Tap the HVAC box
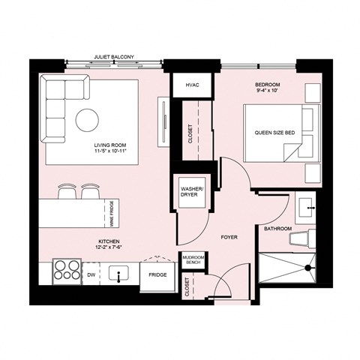point(192,86)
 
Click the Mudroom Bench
point(194,261)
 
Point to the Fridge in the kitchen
point(157,275)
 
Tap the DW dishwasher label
point(91,275)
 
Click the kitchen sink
point(118,274)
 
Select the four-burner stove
point(67,271)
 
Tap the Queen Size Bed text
point(274,132)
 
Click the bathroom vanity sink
point(305,205)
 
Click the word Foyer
point(229,237)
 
